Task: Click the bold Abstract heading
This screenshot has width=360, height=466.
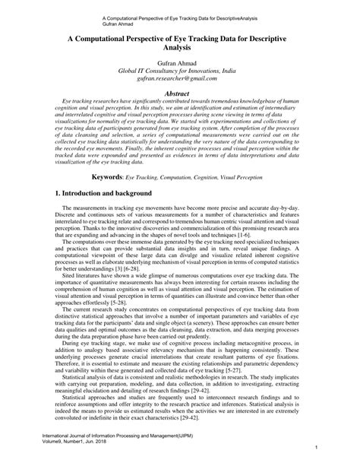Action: coord(180,90)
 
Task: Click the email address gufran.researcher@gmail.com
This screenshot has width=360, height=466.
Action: coord(180,78)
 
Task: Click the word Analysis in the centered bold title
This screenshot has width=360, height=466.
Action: coord(180,45)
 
